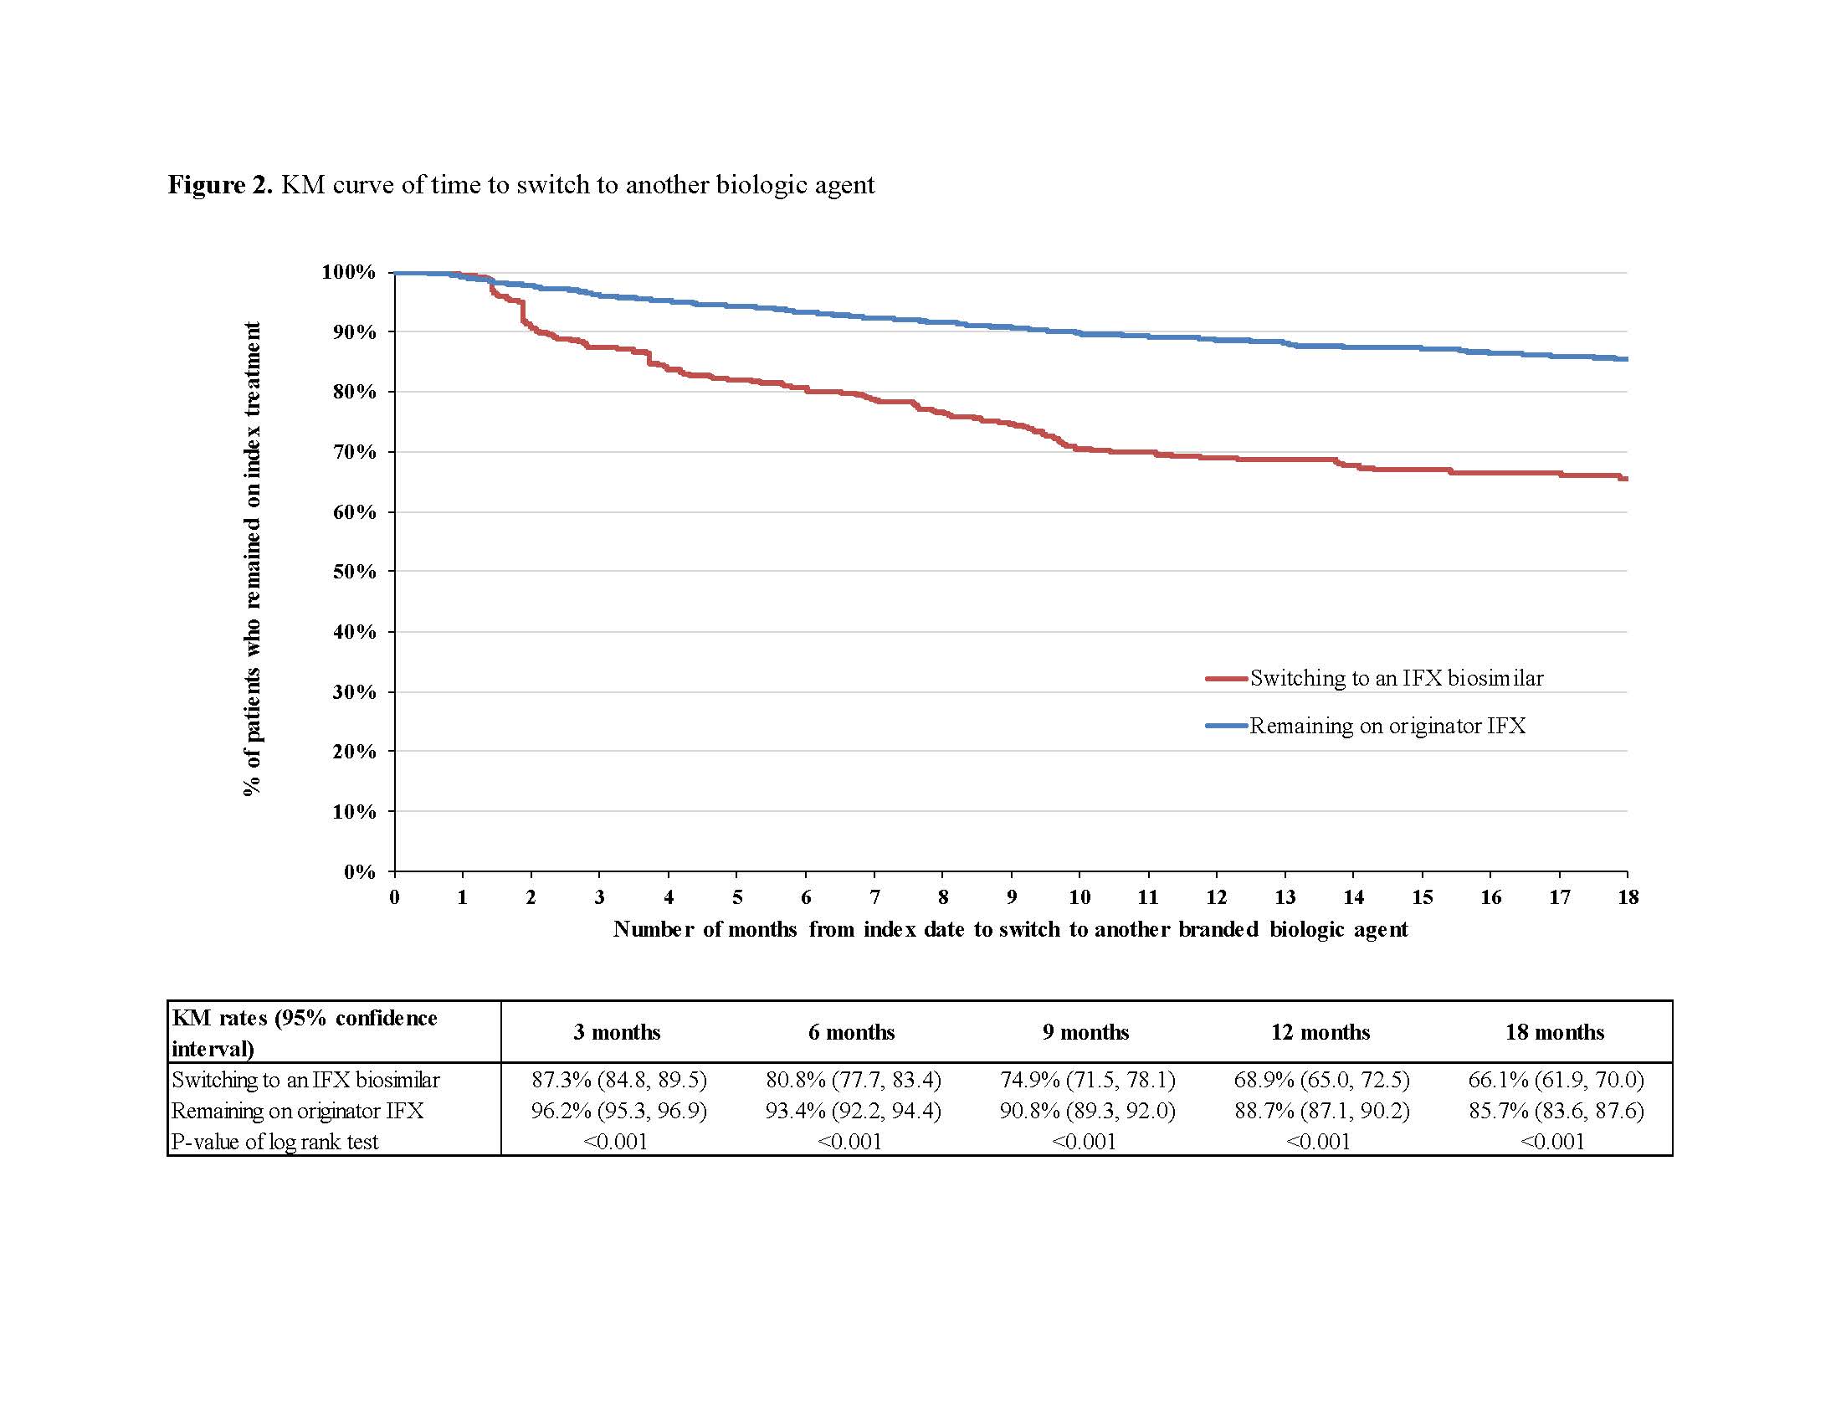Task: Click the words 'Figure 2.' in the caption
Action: point(220,185)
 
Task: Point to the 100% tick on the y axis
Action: point(348,272)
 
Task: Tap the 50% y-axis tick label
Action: point(354,572)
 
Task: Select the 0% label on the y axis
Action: point(359,871)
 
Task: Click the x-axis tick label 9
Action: point(1012,897)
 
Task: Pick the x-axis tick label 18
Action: point(1628,897)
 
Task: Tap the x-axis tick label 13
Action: point(1285,897)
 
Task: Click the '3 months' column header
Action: point(617,1032)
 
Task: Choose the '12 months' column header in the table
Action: point(1320,1032)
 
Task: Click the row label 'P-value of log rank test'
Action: point(274,1142)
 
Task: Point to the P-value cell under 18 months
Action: point(1552,1142)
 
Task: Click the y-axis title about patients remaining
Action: point(252,558)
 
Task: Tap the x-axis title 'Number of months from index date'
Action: point(1010,929)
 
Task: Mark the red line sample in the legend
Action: point(1226,678)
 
